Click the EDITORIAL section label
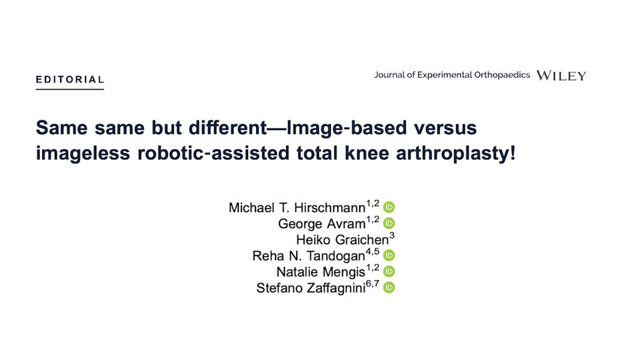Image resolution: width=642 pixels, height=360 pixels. click(70, 80)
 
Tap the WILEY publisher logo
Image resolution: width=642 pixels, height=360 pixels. click(561, 76)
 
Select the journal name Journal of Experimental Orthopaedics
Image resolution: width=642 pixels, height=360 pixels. click(451, 75)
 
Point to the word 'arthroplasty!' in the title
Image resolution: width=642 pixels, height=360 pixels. click(455, 153)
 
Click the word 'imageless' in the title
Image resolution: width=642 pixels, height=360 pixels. click(83, 153)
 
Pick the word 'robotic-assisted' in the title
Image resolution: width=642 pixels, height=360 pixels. click(213, 153)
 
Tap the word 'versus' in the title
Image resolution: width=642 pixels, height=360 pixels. click(445, 128)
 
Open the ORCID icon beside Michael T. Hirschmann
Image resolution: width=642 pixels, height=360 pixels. click(389, 207)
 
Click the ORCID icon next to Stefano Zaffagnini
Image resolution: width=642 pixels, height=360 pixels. click(389, 288)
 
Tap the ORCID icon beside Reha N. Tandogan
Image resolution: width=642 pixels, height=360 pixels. click(389, 256)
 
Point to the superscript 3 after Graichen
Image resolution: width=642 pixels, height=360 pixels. click(392, 236)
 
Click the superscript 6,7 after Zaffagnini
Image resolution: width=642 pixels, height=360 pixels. click(372, 284)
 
